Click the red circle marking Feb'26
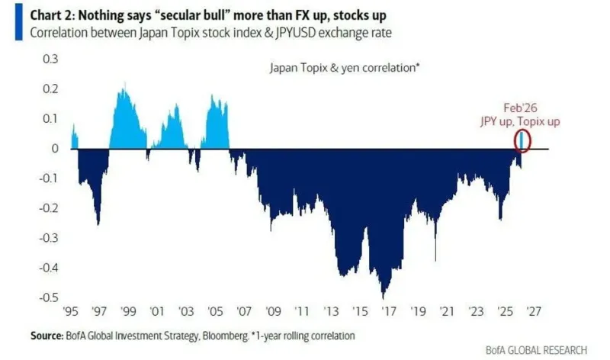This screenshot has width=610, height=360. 522,140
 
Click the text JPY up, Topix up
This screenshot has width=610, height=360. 519,121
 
